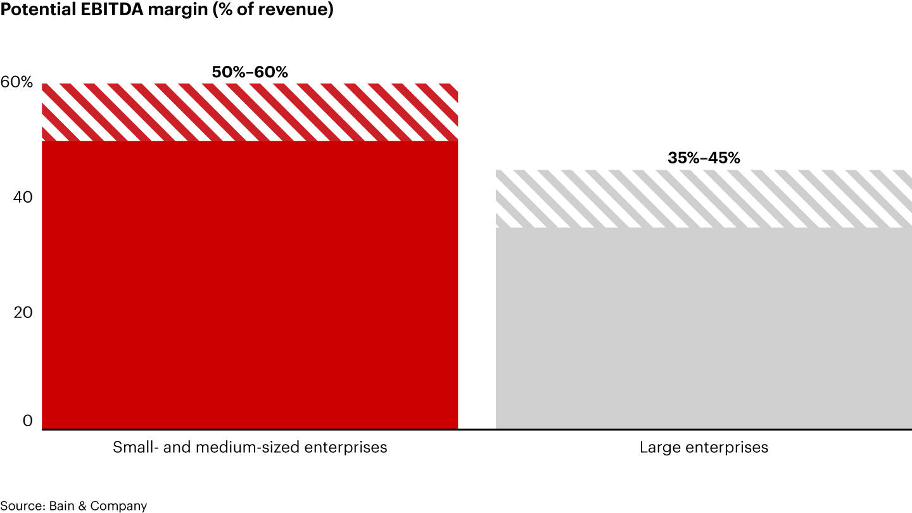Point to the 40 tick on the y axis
22,198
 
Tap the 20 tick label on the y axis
22,313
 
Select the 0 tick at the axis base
27,421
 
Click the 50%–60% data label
250,72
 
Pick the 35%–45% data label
704,158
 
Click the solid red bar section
250,285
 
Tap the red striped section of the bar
250,111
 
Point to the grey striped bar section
704,198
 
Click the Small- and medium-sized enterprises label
250,447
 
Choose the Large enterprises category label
704,447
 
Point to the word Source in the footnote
20,506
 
